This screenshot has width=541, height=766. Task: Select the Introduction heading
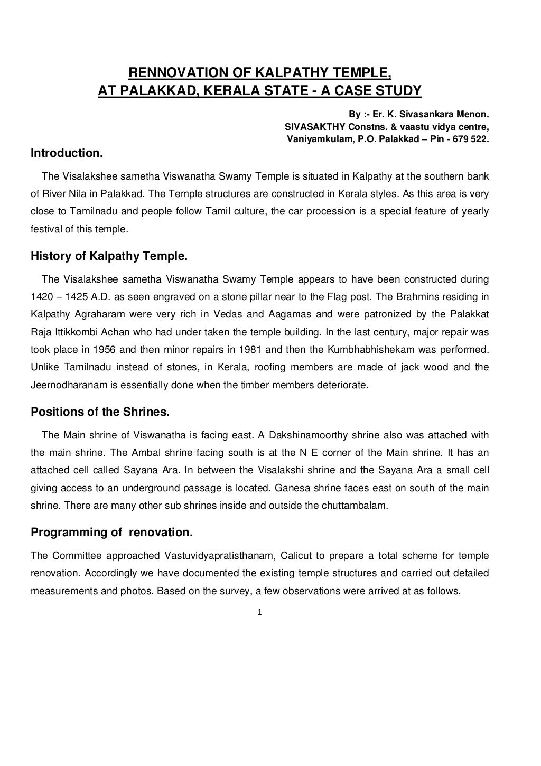click(66, 153)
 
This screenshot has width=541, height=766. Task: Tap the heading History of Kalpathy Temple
click(109, 257)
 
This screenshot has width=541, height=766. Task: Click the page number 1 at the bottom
click(259, 613)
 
